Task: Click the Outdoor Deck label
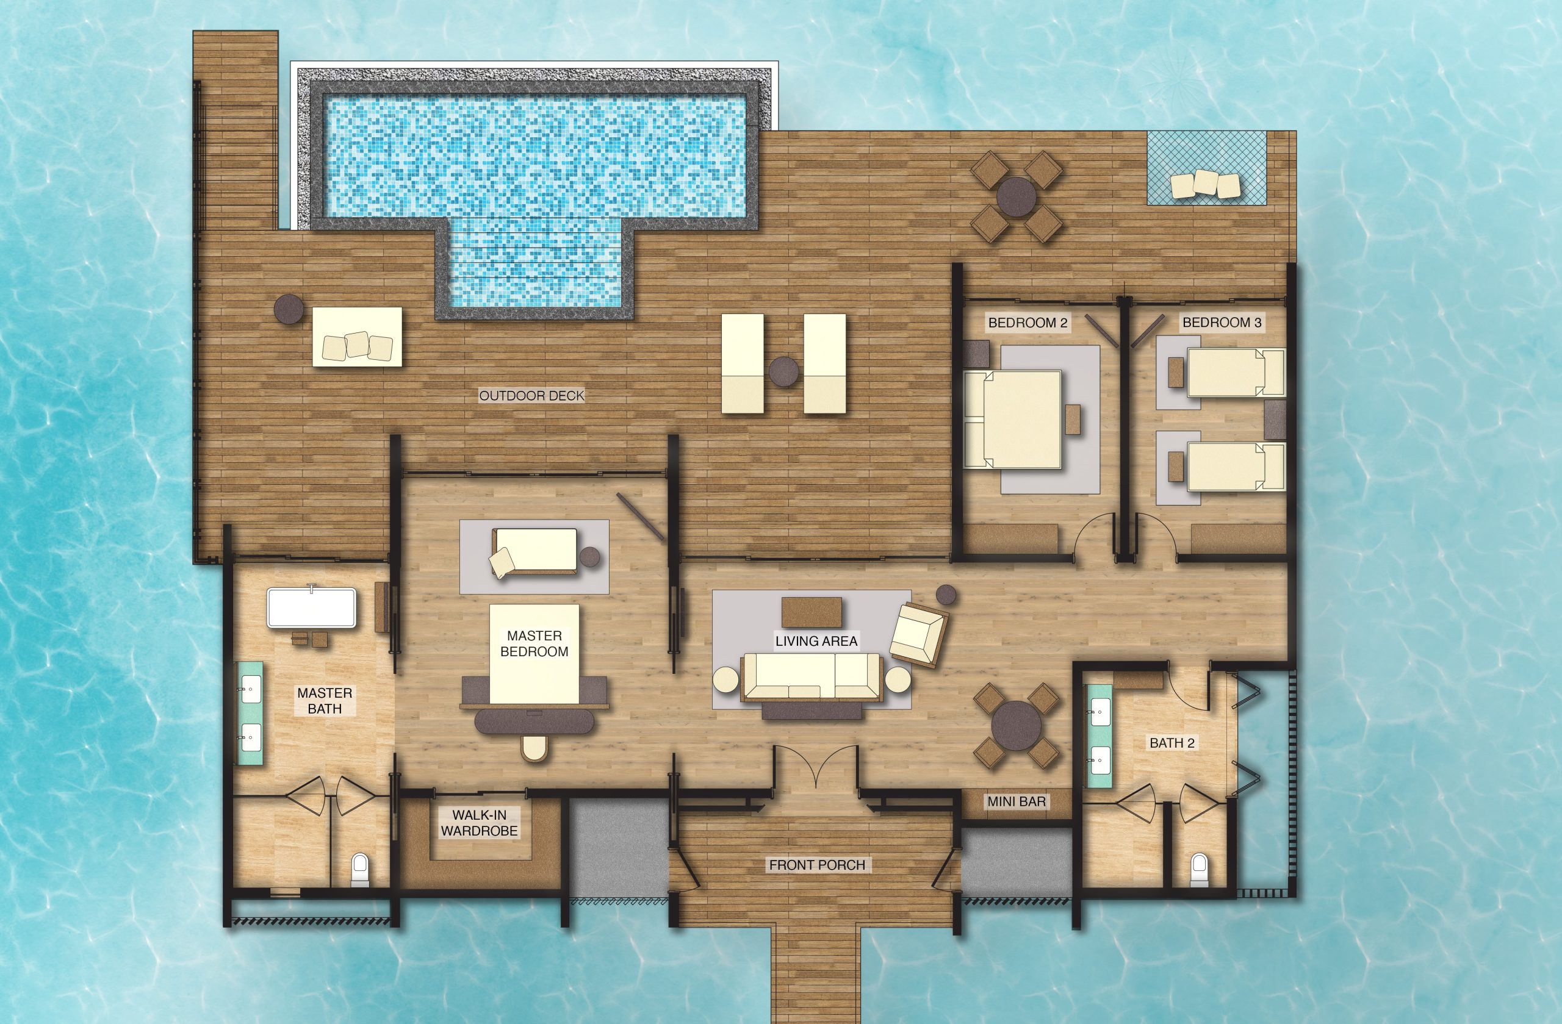coord(531,396)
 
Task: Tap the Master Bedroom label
coord(534,643)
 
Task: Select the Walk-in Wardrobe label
coord(479,823)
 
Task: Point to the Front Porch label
coord(817,865)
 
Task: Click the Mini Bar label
coord(1017,801)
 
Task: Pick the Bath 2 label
coord(1172,743)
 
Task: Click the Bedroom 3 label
coord(1222,322)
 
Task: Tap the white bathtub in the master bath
coord(312,608)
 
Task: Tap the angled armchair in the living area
coord(919,634)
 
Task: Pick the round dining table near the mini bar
coord(1016,725)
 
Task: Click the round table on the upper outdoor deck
coord(1017,197)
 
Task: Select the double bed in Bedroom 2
coord(1013,420)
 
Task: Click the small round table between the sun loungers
coord(783,371)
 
